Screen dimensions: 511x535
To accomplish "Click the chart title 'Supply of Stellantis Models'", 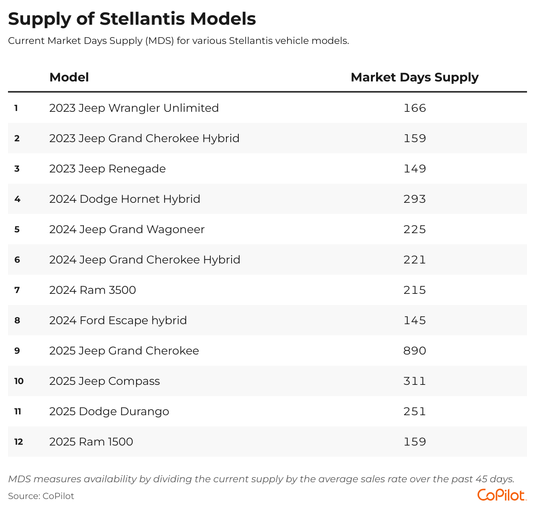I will coord(132,19).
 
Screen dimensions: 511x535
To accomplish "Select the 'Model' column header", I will coord(69,77).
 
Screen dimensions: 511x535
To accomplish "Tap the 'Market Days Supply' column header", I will coord(414,77).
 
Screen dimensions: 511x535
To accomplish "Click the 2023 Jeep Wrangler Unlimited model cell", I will coord(134,108).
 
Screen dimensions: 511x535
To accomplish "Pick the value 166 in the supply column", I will coord(414,108).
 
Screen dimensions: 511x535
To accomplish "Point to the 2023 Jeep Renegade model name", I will coord(107,169).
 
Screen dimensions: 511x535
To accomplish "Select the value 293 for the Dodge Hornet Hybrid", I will coord(414,199).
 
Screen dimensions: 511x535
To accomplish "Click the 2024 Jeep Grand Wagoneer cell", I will coord(127,230).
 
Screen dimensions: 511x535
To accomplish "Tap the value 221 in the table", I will coord(414,260).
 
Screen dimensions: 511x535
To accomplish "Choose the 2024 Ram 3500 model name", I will coord(93,290).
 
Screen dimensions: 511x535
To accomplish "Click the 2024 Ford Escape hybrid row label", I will coord(118,321).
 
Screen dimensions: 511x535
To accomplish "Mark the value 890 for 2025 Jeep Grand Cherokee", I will coord(414,351).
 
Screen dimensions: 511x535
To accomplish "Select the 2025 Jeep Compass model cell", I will coord(104,381).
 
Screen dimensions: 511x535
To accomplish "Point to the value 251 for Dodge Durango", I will coord(414,412).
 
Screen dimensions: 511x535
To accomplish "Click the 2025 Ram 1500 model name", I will coord(91,442).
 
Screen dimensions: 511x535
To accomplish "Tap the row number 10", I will coord(19,381).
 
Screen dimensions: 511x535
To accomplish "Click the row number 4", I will coord(17,199).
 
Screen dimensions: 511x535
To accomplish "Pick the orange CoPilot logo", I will coord(501,495).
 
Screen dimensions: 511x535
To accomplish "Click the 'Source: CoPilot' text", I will coord(41,496).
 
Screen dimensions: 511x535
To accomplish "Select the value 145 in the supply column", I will coord(414,321).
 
